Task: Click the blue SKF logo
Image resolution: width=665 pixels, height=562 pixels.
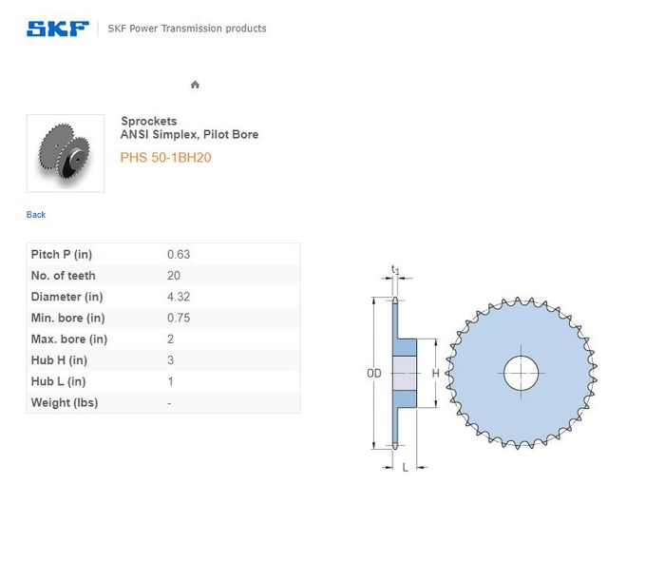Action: click(58, 29)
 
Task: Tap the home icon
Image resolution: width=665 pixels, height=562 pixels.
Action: click(195, 85)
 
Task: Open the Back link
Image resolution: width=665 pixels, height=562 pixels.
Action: click(36, 215)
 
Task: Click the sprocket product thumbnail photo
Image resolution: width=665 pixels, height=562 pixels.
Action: click(66, 153)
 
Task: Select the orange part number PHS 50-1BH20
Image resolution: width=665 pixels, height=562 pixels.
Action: click(166, 158)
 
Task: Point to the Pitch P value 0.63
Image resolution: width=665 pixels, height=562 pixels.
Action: click(179, 254)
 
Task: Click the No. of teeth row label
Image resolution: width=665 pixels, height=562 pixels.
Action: click(64, 276)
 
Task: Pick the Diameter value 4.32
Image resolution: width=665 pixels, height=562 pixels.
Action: click(179, 297)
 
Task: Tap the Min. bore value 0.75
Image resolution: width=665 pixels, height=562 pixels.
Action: click(179, 318)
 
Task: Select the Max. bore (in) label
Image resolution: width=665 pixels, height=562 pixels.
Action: click(69, 339)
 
